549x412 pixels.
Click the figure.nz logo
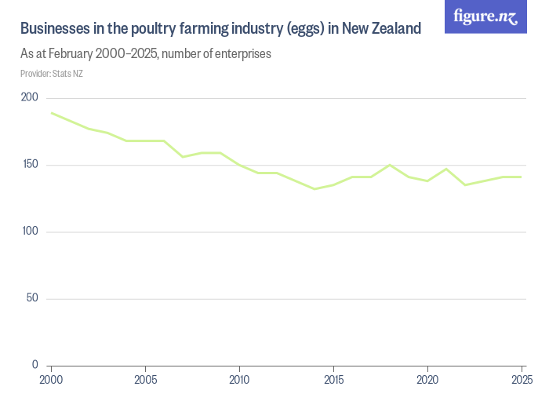coord(485,16)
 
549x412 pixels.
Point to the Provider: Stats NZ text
coord(51,74)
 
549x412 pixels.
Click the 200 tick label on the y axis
coord(29,97)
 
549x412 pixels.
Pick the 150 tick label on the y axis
coord(29,165)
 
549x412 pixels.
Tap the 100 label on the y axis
coord(29,232)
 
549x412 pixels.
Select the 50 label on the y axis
coord(31,298)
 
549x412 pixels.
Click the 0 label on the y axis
coord(35,365)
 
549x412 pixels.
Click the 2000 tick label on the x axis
coord(51,380)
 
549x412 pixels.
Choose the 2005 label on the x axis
coord(145,380)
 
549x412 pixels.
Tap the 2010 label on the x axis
coord(239,380)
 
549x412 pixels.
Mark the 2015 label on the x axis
coord(333,380)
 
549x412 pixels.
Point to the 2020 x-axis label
coord(427,380)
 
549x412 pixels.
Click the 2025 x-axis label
coord(521,380)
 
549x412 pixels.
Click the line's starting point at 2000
coord(52,113)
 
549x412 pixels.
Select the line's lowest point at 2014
coord(314,189)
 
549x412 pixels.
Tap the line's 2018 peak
coord(390,165)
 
